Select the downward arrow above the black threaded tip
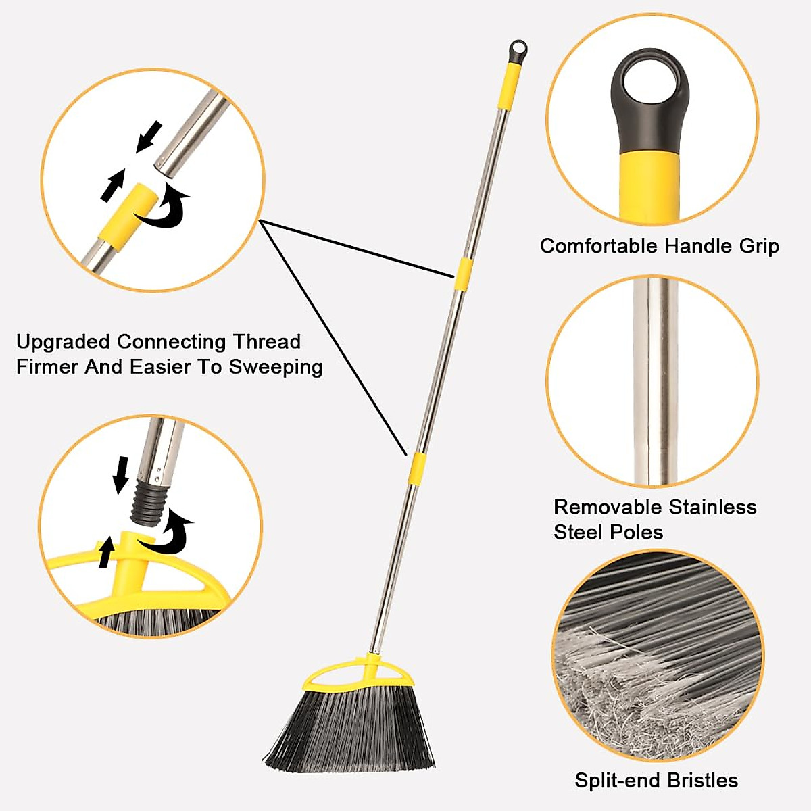pyautogui.click(x=121, y=473)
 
